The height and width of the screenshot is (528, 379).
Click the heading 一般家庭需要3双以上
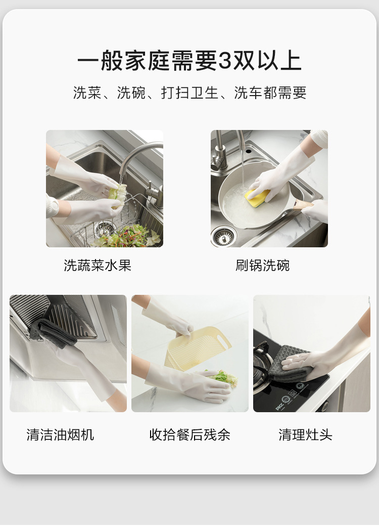tap(189, 61)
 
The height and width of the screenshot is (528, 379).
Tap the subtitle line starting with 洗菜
tap(189, 93)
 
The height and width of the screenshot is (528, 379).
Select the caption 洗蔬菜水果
tap(97, 266)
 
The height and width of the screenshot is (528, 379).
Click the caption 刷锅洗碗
tap(262, 266)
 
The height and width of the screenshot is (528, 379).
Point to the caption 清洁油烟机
tap(60, 434)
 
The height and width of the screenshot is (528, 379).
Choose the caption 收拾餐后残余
tap(190, 434)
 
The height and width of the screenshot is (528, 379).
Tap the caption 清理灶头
tap(305, 434)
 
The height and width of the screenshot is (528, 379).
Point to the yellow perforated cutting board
tap(198, 348)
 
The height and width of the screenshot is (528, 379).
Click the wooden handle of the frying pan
tap(303, 204)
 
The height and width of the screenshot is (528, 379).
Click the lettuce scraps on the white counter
tap(223, 377)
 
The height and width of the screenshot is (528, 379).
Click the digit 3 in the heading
tap(225, 61)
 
